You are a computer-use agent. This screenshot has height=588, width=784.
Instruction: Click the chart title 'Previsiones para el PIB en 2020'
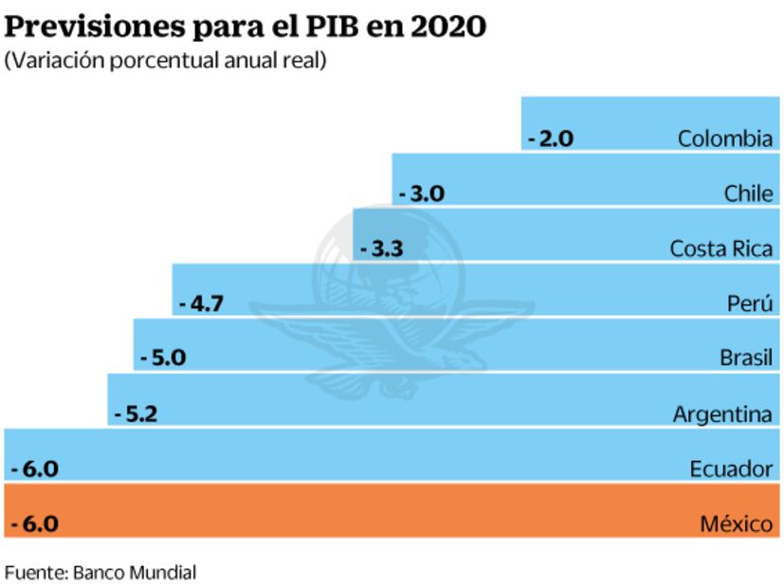coord(246,26)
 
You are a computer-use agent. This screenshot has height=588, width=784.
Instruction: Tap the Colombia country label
coord(725,138)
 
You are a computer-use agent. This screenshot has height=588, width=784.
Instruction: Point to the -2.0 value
coord(551,138)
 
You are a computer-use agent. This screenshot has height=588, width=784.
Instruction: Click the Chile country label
coord(748,194)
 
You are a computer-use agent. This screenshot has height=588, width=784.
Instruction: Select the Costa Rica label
coord(721,249)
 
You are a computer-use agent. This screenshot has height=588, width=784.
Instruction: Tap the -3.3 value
coord(382,249)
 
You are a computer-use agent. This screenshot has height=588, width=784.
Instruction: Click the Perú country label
coord(750,304)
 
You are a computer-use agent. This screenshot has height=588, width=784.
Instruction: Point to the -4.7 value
coord(201,304)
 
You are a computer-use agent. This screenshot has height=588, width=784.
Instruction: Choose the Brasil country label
coord(746,358)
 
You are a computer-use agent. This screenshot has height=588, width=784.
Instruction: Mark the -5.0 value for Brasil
coord(162,358)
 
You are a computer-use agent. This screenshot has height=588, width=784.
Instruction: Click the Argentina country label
coord(723,414)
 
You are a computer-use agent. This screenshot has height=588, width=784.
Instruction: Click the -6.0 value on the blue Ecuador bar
coord(34,469)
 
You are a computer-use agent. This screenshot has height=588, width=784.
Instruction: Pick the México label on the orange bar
coord(737,524)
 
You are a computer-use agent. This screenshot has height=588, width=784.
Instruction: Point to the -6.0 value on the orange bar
coord(34,524)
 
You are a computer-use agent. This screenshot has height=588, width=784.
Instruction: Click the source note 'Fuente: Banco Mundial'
coord(100,573)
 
